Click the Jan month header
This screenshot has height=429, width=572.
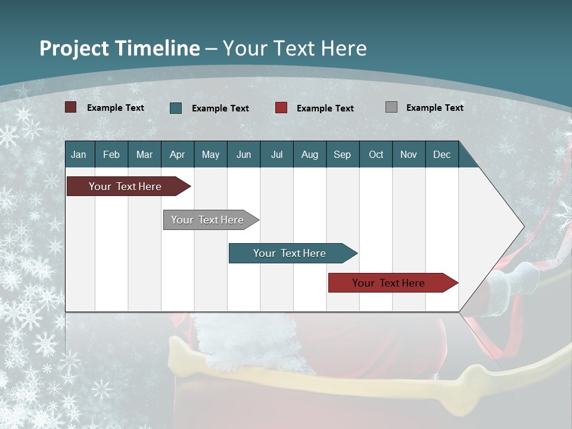coord(79,154)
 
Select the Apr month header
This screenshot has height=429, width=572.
coord(177,154)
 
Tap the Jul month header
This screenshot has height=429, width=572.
coord(276,154)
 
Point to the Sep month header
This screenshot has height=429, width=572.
coord(342,154)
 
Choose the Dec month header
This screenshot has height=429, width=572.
coord(442,154)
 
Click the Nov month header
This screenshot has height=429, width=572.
coord(408,154)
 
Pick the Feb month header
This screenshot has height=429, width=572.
coord(111,154)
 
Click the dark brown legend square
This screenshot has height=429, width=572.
coord(71,107)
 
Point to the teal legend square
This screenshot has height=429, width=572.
coord(176,108)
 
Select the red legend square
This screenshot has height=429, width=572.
coord(281,108)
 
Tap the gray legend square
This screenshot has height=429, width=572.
coord(391,107)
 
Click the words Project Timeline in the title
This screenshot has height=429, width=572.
coord(119,48)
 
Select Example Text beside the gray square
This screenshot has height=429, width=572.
coord(434,108)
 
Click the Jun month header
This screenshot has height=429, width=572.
coord(244,154)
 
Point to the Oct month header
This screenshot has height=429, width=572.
coord(376,154)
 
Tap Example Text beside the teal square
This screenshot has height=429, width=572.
coord(220,108)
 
